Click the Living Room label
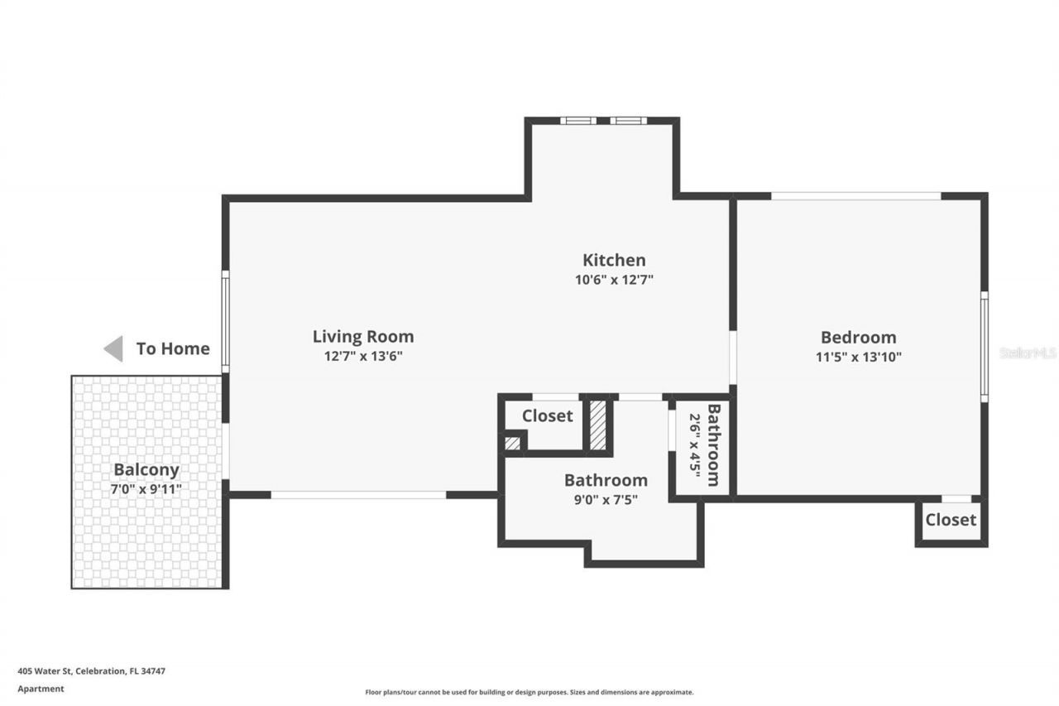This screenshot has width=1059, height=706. (362, 337)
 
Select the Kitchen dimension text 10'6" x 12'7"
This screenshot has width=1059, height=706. (614, 280)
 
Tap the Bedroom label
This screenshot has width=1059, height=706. (858, 338)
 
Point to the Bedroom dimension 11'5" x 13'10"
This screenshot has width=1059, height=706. (858, 358)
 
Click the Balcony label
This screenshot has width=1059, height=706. (146, 470)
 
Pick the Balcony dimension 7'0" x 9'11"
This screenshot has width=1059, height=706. (146, 489)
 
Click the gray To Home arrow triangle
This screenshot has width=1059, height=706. (114, 348)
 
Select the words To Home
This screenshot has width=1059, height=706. (173, 348)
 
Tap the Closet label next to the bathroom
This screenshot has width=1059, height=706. (547, 416)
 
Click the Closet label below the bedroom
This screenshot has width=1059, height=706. (951, 520)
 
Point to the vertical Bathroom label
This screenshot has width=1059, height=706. (713, 444)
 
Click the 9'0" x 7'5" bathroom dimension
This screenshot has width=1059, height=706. (606, 499)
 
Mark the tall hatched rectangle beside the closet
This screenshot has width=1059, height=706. (597, 425)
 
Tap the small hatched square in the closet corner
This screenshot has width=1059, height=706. (513, 443)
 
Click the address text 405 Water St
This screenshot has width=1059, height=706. (91, 671)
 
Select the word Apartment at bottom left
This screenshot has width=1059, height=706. (41, 689)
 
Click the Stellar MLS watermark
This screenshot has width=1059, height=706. (1028, 353)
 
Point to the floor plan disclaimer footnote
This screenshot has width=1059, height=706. (529, 692)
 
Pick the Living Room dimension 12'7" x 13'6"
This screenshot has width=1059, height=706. (362, 357)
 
